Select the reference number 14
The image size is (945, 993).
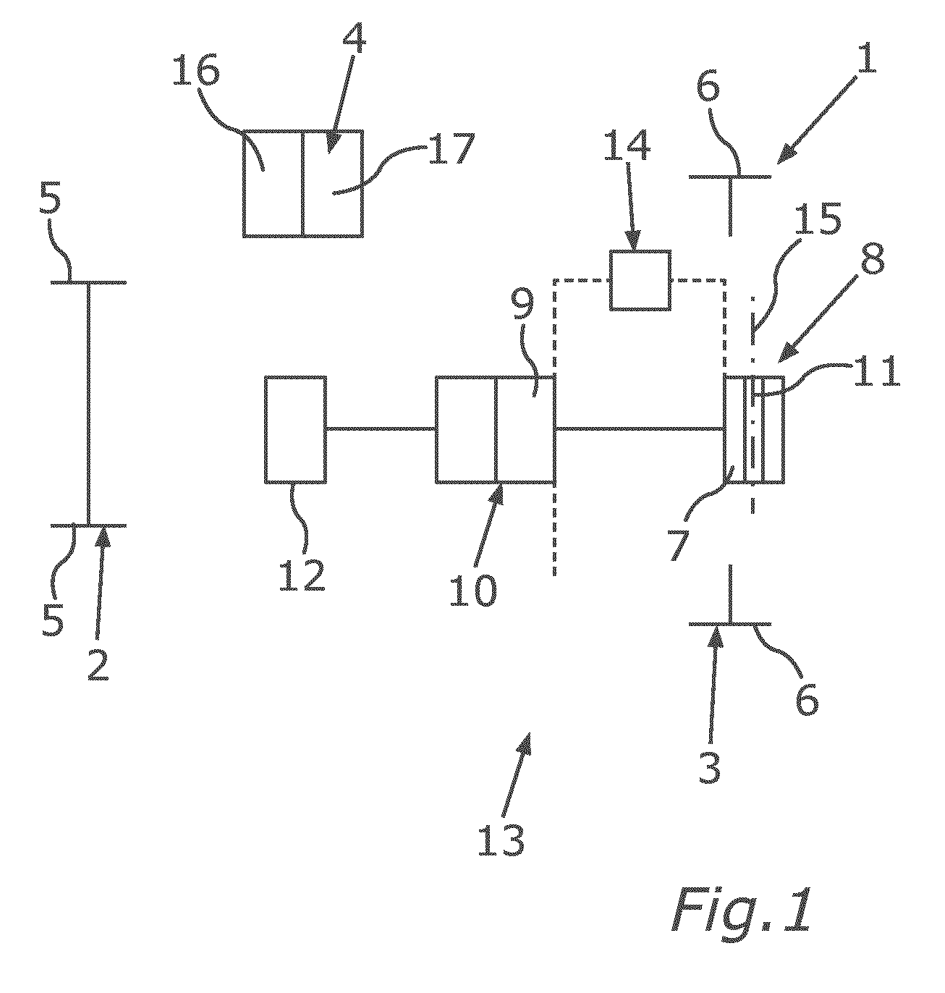pyautogui.click(x=627, y=144)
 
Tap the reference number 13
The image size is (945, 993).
pyautogui.click(x=501, y=840)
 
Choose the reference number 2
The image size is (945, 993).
pyautogui.click(x=98, y=664)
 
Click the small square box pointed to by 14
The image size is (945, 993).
pyautogui.click(x=640, y=280)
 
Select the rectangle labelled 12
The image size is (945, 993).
pyautogui.click(x=295, y=429)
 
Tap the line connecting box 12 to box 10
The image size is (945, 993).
pyautogui.click(x=381, y=428)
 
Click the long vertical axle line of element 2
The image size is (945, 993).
pyautogui.click(x=89, y=404)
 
